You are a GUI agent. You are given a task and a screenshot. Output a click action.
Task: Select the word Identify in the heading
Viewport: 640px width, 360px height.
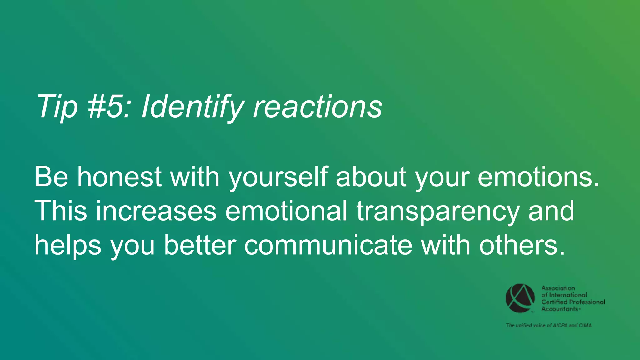pyautogui.click(x=192, y=107)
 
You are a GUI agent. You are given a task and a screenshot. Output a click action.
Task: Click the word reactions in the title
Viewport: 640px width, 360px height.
pyautogui.click(x=317, y=107)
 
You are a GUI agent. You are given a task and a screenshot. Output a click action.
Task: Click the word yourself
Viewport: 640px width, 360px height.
pyautogui.click(x=278, y=177)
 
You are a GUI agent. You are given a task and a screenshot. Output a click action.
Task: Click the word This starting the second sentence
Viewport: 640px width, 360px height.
pyautogui.click(x=61, y=211)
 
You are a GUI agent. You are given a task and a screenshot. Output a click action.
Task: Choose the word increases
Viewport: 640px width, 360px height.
pyautogui.click(x=156, y=211)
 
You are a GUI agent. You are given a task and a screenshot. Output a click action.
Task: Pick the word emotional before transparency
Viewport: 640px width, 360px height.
pyautogui.click(x=286, y=211)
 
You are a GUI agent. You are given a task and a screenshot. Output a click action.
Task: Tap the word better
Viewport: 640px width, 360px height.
pyautogui.click(x=200, y=245)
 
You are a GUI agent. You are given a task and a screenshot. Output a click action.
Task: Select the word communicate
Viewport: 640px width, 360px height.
pyautogui.click(x=328, y=245)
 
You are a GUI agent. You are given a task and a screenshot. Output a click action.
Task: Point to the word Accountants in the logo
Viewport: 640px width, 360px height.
pyautogui.click(x=559, y=309)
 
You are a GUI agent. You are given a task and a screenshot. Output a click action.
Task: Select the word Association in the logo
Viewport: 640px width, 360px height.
pyautogui.click(x=558, y=288)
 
